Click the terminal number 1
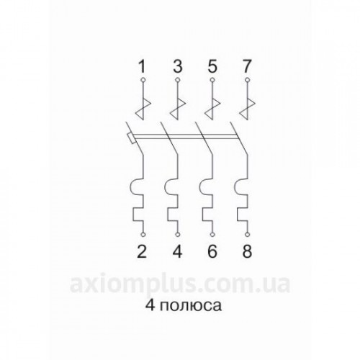coord(143,66)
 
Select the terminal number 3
coord(178,66)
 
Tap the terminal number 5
coord(212,66)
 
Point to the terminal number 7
coord(247,66)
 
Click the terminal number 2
coord(142,251)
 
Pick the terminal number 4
coord(177,251)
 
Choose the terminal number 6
coord(212,251)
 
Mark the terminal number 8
coord(247,251)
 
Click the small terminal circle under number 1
coord(143,80)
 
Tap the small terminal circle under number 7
coord(248,80)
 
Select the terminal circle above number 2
coord(143,235)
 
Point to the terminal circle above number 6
coord(212,235)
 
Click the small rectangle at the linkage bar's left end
coord(130,139)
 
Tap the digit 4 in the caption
coord(150,305)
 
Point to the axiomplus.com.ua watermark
coord(180,285)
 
